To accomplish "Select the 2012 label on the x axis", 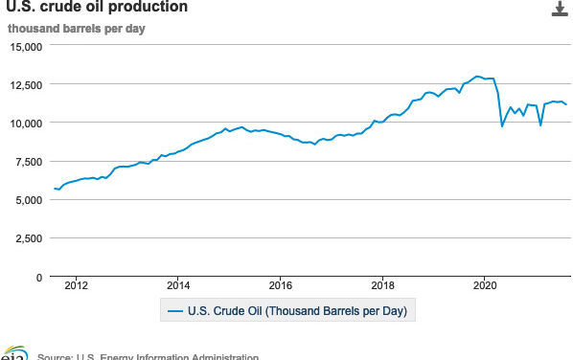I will click(76, 284).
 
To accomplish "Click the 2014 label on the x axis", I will click(178, 284).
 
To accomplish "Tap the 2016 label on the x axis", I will click(280, 284).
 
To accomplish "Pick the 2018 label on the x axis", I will click(382, 284).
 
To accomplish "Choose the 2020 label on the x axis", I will click(485, 284).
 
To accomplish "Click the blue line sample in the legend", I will click(174, 310).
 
